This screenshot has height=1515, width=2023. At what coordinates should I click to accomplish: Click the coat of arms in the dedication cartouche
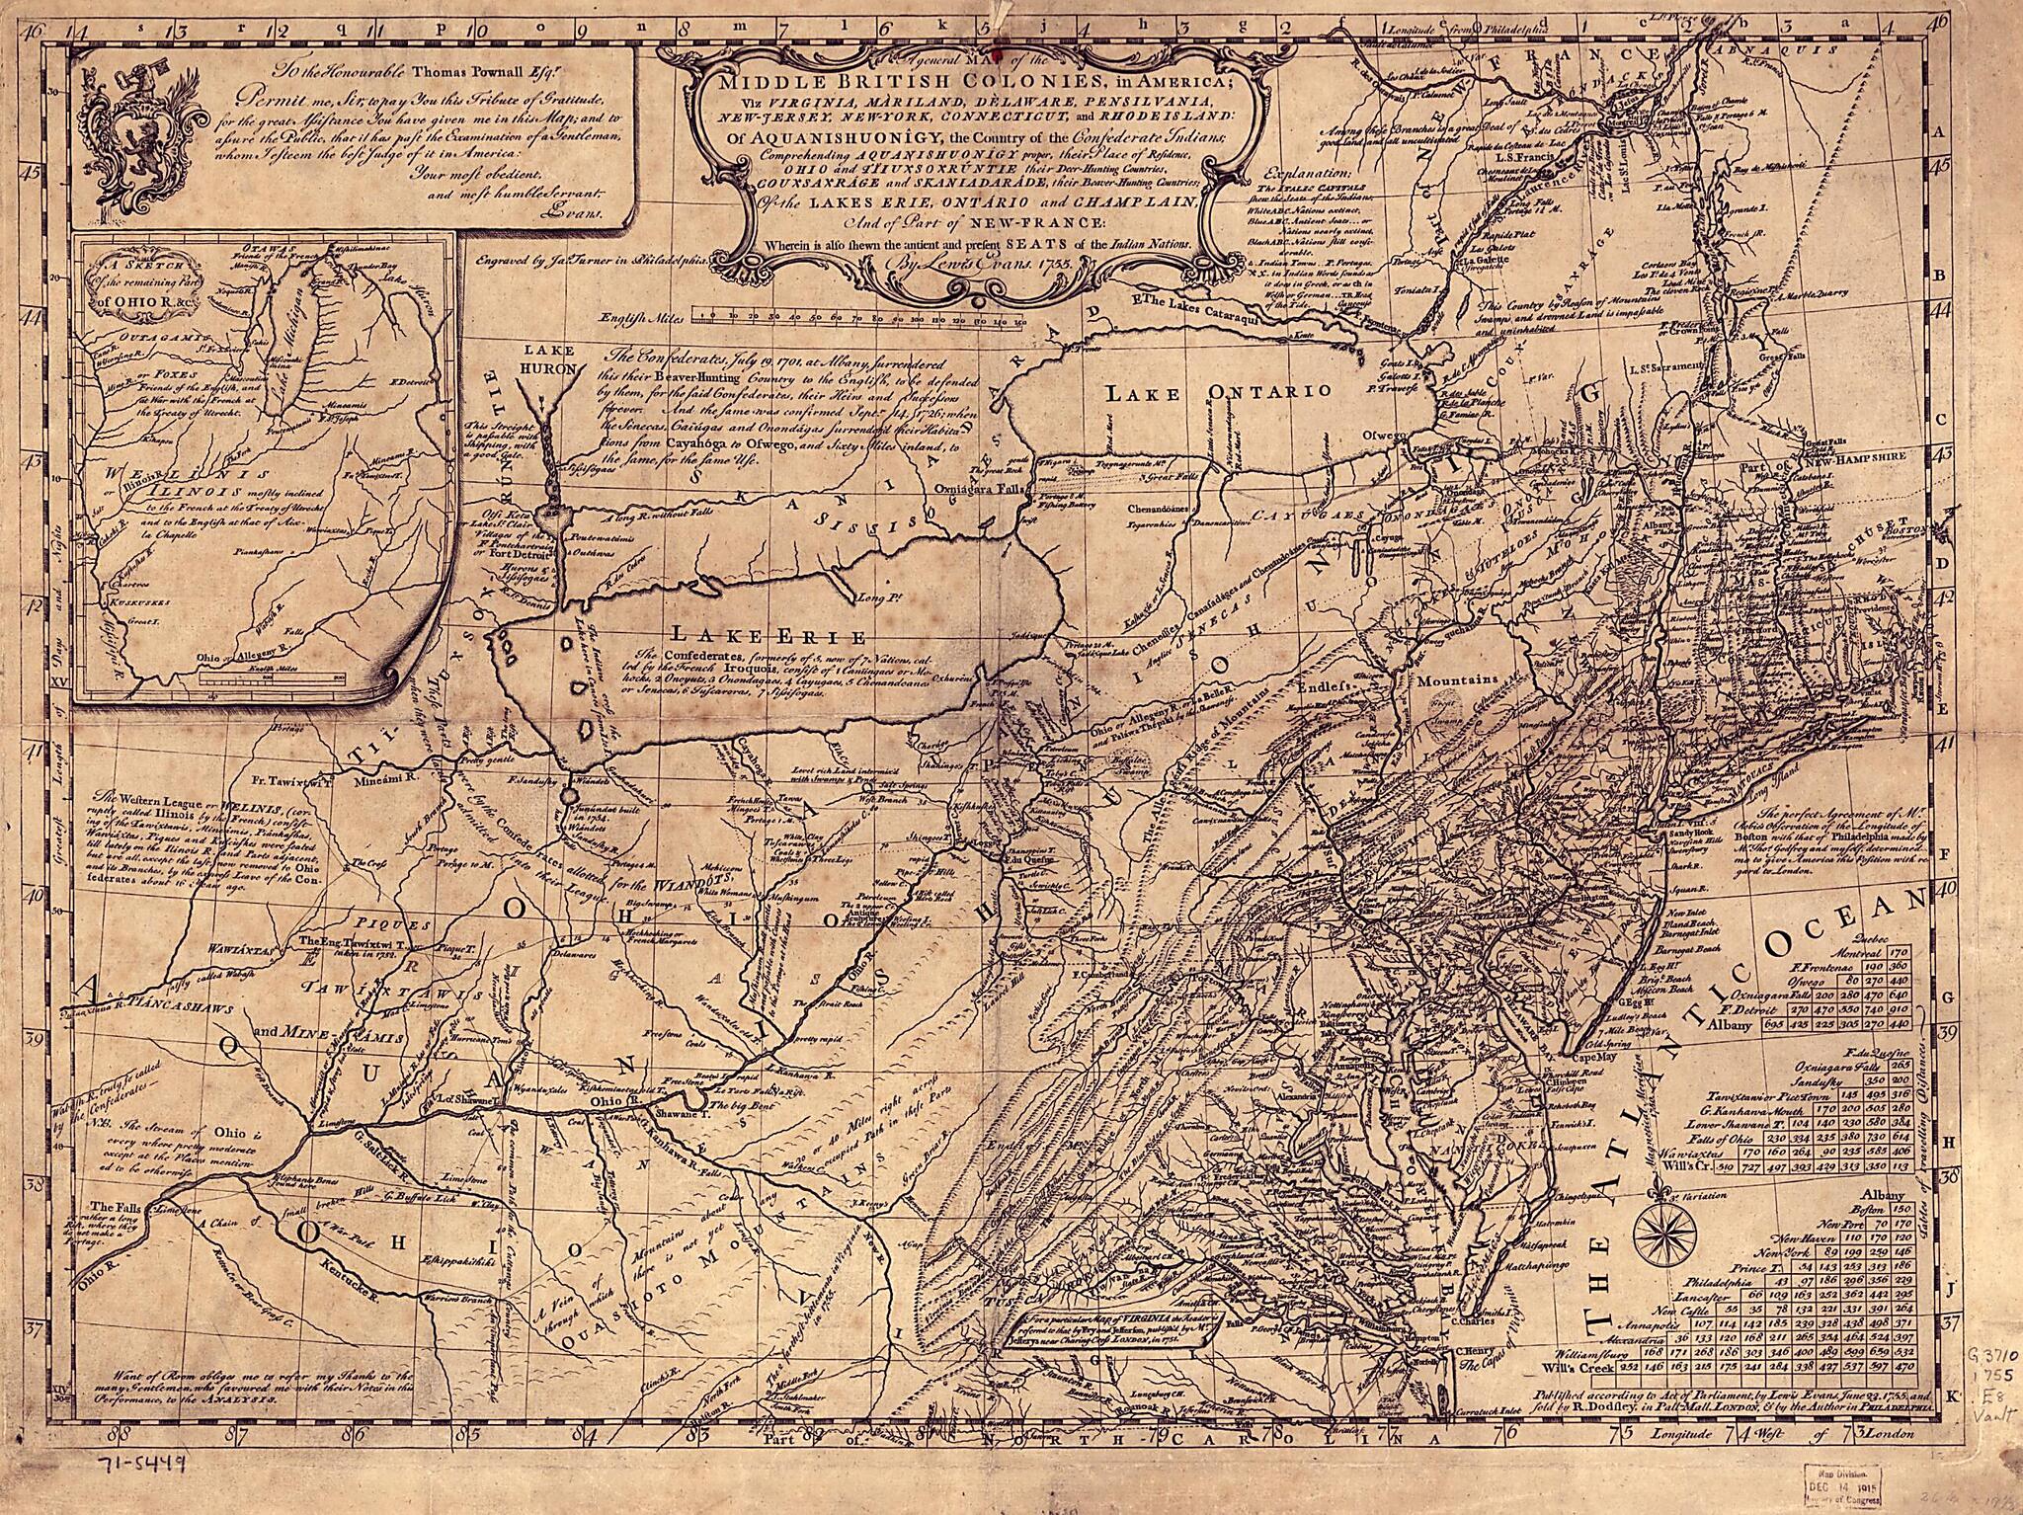[116, 120]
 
